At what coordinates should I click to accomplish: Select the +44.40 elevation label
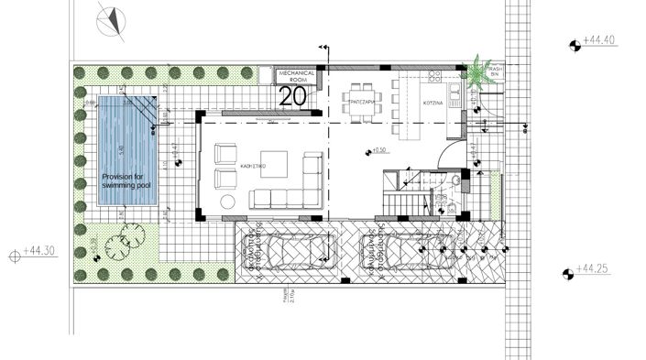pos(597,41)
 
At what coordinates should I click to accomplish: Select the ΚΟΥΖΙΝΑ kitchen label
pos(433,104)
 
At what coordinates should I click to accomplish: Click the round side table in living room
pos(227,202)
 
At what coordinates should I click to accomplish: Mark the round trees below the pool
pos(120,244)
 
